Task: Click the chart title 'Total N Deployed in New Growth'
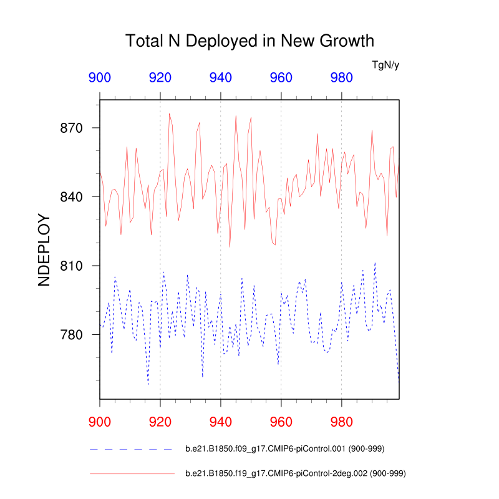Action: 249,41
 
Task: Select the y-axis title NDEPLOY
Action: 44,249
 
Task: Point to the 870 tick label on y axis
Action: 71,128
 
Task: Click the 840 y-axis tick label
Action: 71,197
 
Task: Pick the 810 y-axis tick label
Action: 71,266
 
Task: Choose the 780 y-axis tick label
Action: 71,335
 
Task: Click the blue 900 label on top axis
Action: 100,78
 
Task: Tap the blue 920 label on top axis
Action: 160,78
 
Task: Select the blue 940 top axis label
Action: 221,78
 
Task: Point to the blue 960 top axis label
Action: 281,78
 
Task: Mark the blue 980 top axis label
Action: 341,78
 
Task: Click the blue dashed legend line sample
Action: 132,449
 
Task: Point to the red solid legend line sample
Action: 132,474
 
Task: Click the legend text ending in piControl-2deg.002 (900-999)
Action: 296,474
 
